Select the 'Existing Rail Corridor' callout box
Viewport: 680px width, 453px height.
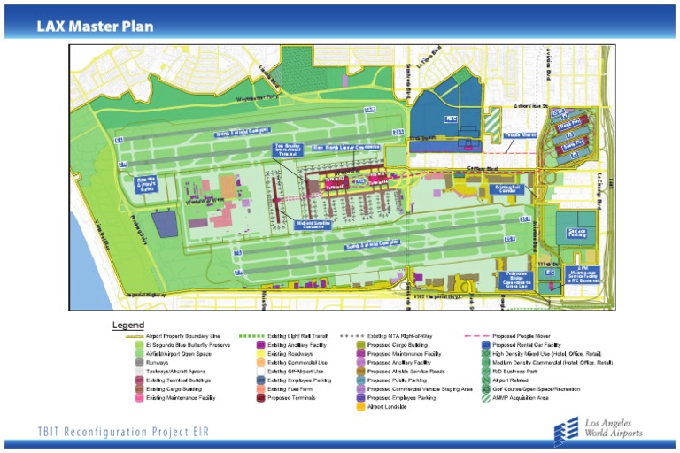coord(506,189)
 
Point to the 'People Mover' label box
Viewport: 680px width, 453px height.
coord(520,135)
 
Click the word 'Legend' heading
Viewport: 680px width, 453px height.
coord(128,326)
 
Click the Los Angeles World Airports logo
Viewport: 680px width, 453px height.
coord(599,428)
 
